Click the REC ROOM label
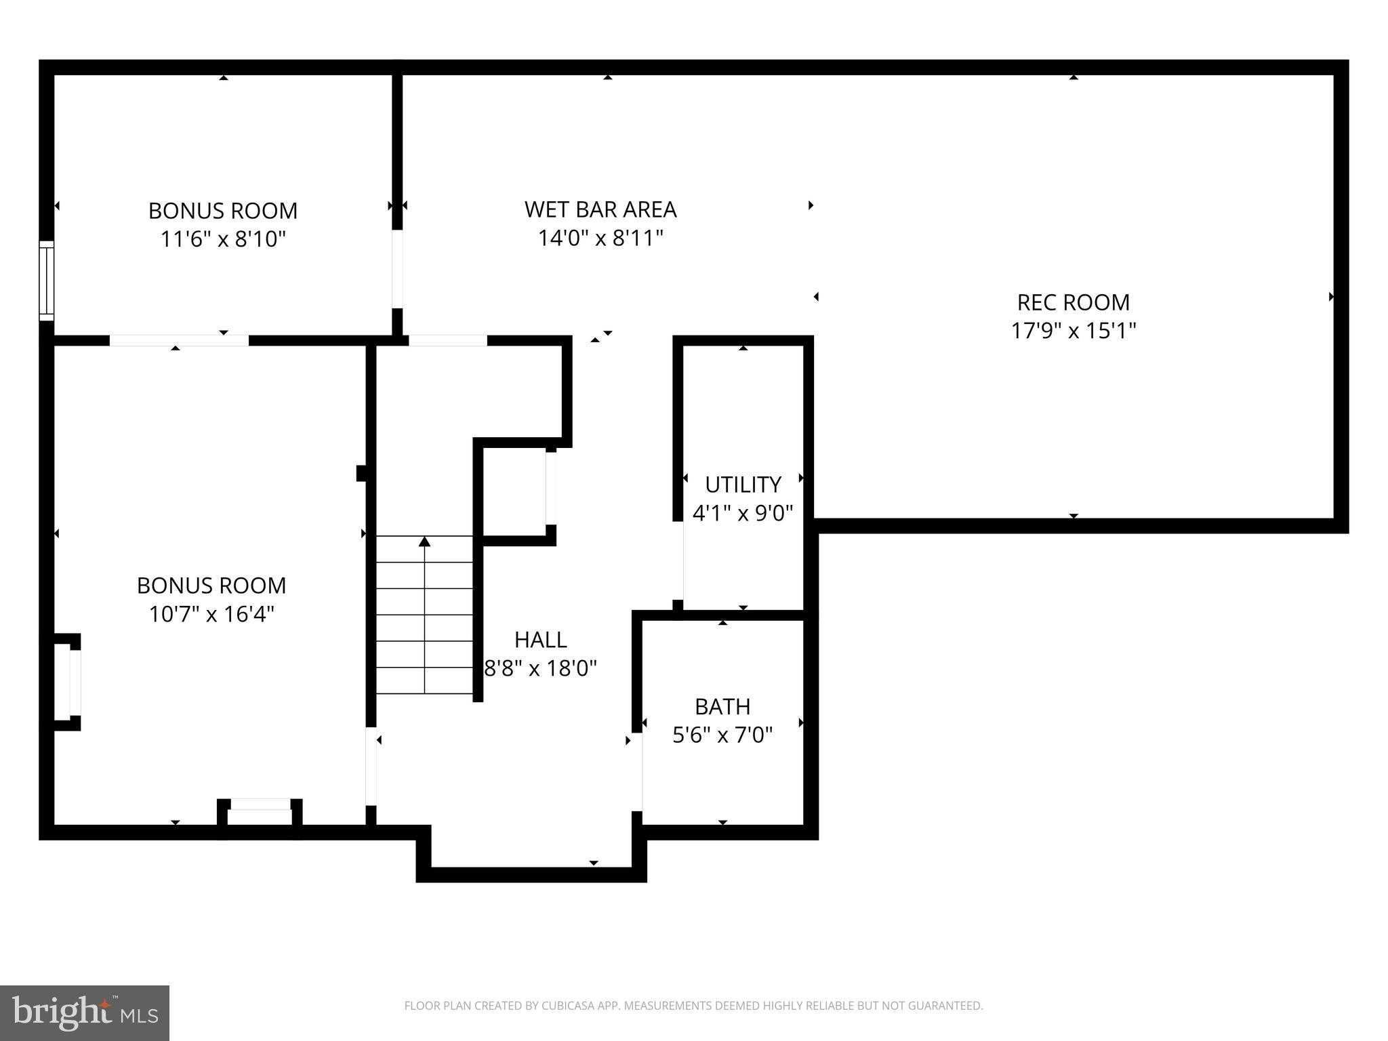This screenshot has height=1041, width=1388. point(1073,302)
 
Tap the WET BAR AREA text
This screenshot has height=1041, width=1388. point(600,210)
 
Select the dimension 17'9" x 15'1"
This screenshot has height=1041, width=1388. point(1073,331)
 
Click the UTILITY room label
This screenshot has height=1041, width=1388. point(743,485)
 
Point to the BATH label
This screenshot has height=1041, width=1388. point(722,707)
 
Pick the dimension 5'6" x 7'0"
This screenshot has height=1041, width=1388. point(722,735)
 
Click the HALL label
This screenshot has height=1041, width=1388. point(540,640)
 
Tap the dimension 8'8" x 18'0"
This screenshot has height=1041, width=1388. point(540,669)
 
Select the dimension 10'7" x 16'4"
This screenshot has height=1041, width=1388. point(211,614)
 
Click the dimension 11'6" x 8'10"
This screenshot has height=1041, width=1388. point(223,239)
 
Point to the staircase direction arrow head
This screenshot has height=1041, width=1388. point(424,541)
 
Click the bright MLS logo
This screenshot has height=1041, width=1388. point(84,1013)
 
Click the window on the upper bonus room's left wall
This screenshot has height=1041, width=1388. point(46,280)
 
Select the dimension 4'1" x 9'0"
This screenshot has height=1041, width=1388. point(743,513)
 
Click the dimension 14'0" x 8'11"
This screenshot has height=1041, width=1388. point(600,239)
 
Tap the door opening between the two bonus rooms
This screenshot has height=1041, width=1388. point(179,340)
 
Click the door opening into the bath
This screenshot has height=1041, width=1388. point(638,771)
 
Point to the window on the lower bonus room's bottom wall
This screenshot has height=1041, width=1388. point(260,804)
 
